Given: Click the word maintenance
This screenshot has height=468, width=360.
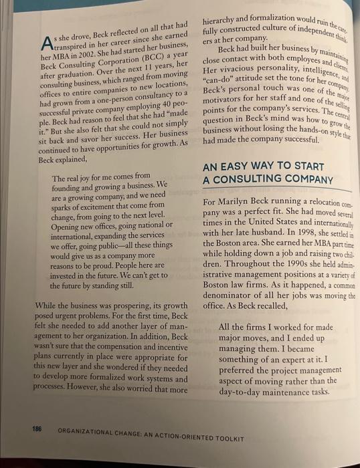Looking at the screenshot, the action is (276, 391).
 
